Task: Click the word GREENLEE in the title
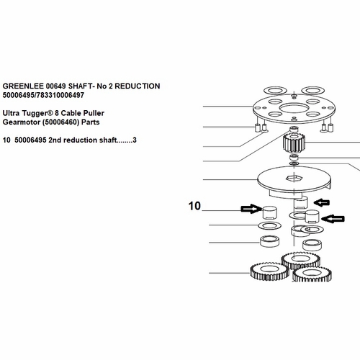click(x=23, y=86)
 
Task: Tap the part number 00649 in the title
click(x=55, y=86)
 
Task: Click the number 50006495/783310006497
click(x=43, y=95)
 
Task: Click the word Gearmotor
click(x=22, y=122)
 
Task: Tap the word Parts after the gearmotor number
click(x=91, y=122)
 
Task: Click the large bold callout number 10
click(x=194, y=206)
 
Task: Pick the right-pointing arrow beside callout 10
click(x=251, y=209)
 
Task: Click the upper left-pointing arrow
click(x=322, y=203)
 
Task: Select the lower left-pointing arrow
click(x=333, y=219)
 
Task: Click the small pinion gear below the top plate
click(x=294, y=143)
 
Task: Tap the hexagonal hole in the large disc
click(x=294, y=179)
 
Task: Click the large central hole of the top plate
click(x=294, y=108)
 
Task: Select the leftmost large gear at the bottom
click(x=269, y=271)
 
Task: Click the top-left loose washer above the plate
click(x=275, y=91)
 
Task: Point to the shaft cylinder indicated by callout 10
click(x=270, y=212)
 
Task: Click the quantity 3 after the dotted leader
click(x=135, y=140)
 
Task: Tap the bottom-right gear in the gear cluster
click(x=312, y=274)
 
